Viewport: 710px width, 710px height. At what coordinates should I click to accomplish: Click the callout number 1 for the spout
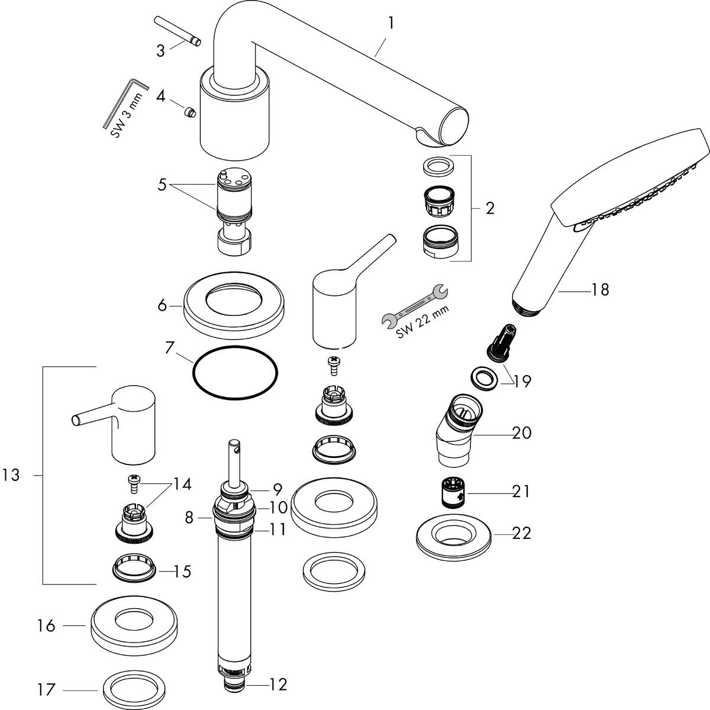coord(390,23)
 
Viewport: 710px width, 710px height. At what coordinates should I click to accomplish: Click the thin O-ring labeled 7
coord(235,375)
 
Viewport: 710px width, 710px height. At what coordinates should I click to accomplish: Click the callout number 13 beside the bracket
coord(11,475)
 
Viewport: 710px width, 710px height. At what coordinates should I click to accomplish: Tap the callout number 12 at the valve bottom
coord(277,685)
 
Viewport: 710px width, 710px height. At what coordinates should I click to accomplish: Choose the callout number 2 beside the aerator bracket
coord(489,208)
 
